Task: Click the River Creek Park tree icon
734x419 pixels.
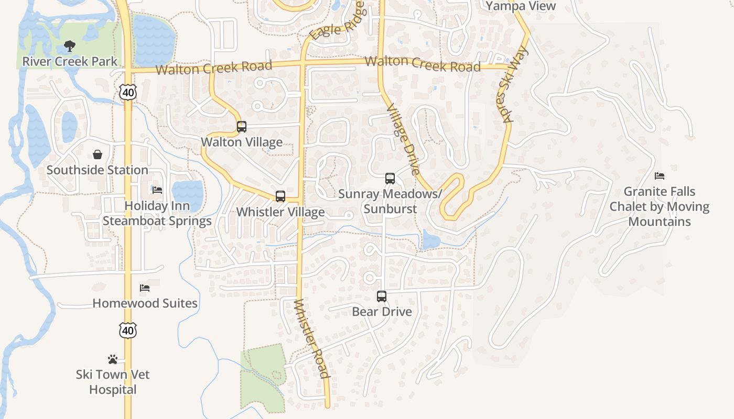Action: click(69, 47)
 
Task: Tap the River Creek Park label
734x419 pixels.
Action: click(70, 61)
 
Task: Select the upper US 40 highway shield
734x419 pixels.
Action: click(128, 92)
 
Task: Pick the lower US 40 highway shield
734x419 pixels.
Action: click(128, 330)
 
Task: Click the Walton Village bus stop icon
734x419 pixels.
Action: click(241, 127)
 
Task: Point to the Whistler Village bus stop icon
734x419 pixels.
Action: click(280, 197)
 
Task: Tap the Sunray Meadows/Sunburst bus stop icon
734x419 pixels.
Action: click(390, 179)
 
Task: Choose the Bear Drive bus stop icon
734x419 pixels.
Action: click(382, 296)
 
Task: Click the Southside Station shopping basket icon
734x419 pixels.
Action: click(98, 155)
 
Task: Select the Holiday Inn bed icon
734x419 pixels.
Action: click(157, 190)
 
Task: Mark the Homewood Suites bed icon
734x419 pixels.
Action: click(145, 288)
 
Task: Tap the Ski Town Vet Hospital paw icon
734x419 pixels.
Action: click(113, 359)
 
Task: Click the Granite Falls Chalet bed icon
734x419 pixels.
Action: click(660, 176)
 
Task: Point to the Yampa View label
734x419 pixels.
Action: click(521, 6)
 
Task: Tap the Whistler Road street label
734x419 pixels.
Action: click(311, 338)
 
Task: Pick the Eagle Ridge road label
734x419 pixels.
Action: click(336, 24)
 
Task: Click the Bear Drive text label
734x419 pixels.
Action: click(382, 312)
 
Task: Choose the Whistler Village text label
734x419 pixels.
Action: click(280, 212)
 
